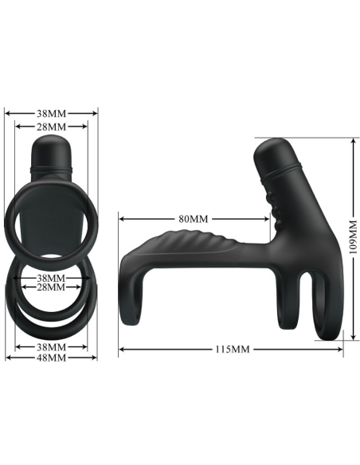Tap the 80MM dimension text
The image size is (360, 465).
tap(193, 218)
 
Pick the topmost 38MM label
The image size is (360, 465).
tap(51, 113)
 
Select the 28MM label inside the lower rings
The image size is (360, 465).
tap(51, 287)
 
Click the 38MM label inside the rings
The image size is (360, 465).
tap(51, 278)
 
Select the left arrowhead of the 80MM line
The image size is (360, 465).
tap(122, 218)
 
